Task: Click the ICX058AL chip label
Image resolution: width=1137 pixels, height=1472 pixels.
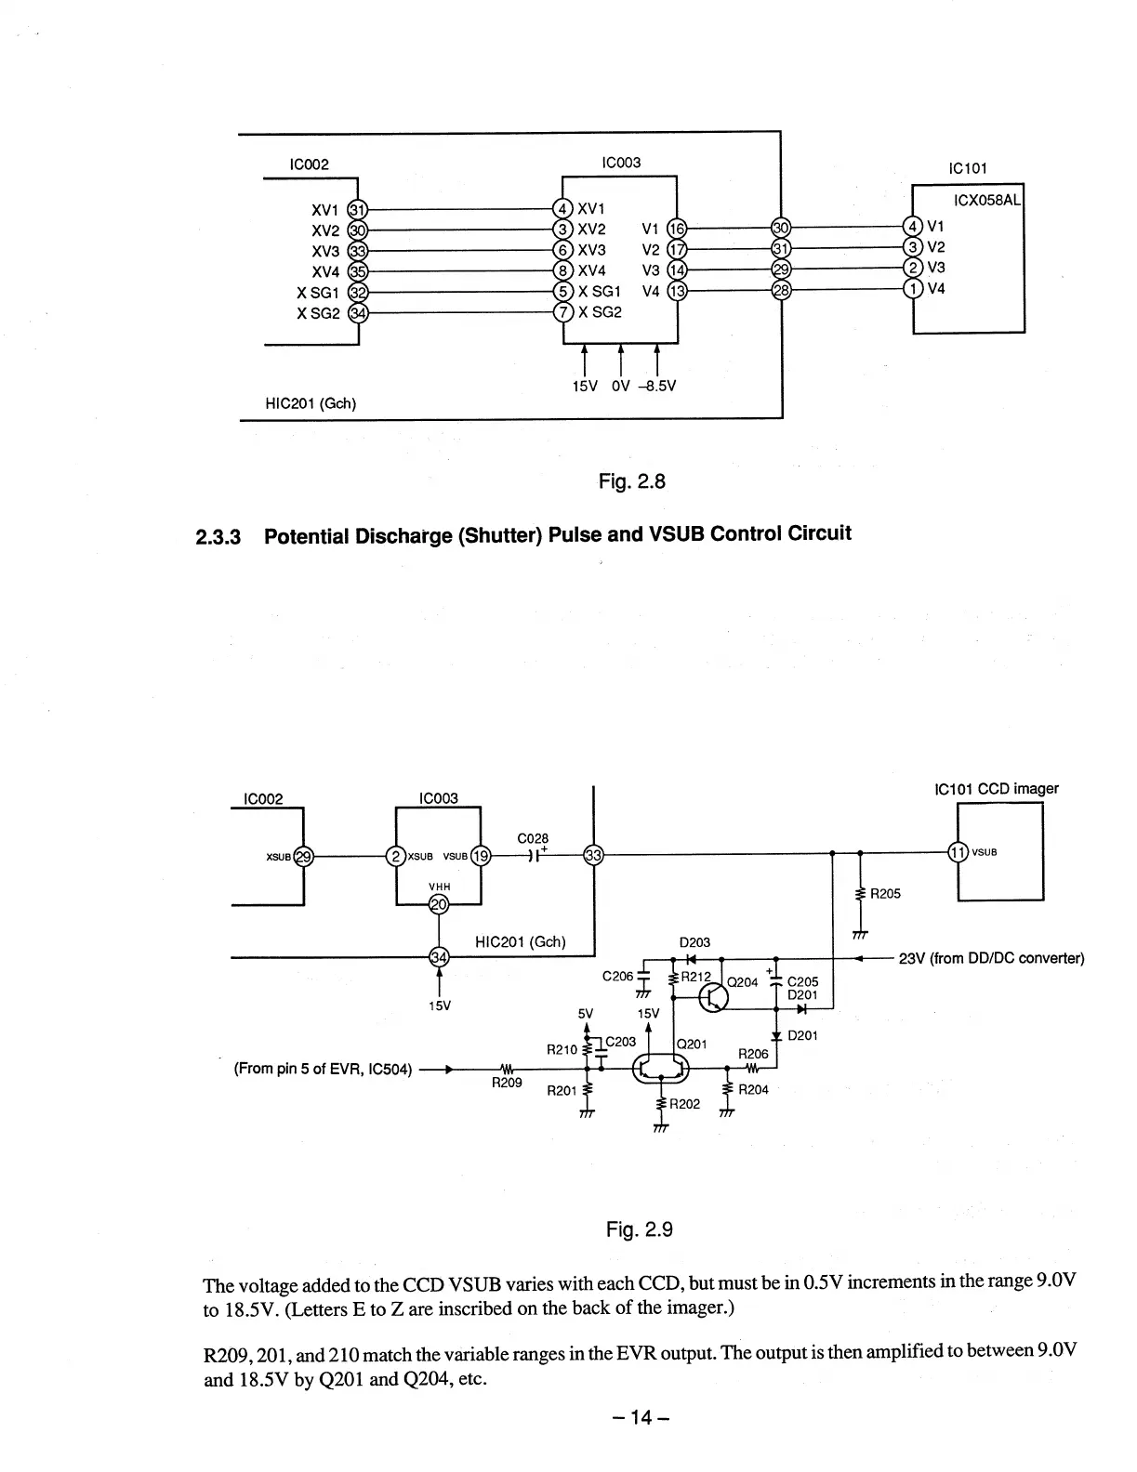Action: click(x=988, y=201)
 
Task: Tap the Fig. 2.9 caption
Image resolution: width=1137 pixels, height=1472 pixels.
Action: click(x=639, y=1229)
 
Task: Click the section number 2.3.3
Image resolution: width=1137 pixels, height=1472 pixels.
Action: click(x=218, y=537)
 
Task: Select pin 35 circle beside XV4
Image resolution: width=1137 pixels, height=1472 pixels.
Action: click(x=356, y=271)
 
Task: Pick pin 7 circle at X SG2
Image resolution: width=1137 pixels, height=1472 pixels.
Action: click(x=562, y=312)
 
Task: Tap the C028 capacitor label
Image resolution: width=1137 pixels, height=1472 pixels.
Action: click(x=533, y=838)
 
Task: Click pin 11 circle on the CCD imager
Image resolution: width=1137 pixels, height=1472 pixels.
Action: click(x=958, y=852)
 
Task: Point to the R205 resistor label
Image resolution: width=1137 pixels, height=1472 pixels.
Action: click(x=885, y=894)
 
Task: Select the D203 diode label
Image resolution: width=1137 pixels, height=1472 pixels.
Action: click(x=694, y=942)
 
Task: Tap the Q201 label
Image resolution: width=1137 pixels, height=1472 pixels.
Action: click(x=694, y=1044)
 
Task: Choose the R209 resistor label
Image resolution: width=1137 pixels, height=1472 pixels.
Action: click(x=507, y=1083)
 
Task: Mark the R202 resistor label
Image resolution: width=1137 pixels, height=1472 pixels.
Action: click(x=685, y=1104)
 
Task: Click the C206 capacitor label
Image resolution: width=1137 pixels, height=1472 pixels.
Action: click(x=618, y=976)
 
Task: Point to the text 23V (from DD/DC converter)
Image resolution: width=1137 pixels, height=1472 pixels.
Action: click(x=992, y=959)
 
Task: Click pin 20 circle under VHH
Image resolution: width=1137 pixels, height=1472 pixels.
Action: click(x=438, y=903)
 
